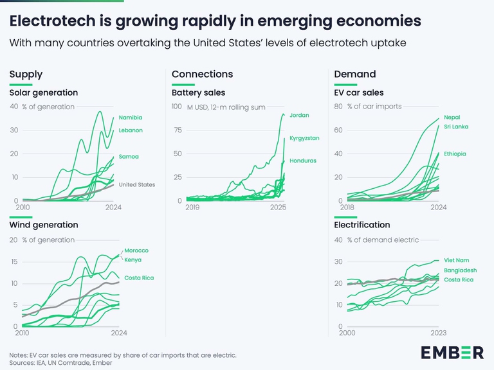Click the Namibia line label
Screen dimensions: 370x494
(x=131, y=118)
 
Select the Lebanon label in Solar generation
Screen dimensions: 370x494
(x=131, y=130)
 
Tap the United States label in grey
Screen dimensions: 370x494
(x=137, y=185)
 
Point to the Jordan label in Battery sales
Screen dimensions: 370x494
(x=299, y=115)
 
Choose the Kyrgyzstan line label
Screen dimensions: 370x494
(x=304, y=138)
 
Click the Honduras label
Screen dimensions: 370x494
(x=302, y=161)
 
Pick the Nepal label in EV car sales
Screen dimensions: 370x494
(x=453, y=118)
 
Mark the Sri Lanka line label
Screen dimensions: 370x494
(x=456, y=127)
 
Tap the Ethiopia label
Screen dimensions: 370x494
(x=455, y=154)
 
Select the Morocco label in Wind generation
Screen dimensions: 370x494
(x=136, y=251)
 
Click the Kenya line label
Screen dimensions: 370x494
(x=133, y=260)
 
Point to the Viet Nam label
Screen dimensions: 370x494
(x=456, y=260)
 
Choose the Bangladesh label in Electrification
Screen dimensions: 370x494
(x=460, y=270)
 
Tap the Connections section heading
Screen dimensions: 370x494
(x=202, y=75)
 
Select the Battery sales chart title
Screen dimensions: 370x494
(x=198, y=93)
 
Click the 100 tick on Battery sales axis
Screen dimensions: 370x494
(x=176, y=107)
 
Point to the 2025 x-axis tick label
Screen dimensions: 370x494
(x=279, y=208)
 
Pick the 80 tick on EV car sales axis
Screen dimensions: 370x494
(x=338, y=107)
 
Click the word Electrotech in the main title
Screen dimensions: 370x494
(x=53, y=21)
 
